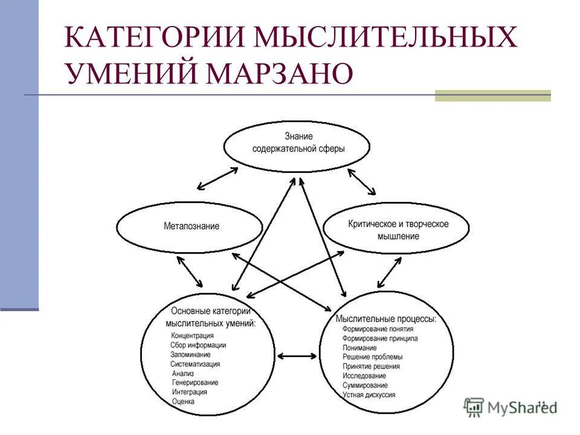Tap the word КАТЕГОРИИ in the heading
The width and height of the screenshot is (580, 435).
tap(155, 37)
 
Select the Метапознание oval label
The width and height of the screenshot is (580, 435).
tap(192, 227)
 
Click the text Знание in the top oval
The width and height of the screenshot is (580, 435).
tap(297, 137)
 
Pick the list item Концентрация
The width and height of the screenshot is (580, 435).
tap(193, 336)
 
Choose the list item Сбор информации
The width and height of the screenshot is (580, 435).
tap(198, 346)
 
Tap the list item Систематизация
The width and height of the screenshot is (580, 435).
tap(195, 364)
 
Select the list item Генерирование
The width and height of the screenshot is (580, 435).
tap(195, 382)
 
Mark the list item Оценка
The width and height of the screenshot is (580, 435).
tap(183, 401)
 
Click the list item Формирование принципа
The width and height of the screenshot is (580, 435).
tap(380, 339)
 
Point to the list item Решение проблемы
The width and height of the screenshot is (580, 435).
tap(372, 357)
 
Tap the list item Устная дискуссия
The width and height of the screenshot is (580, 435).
tap(369, 395)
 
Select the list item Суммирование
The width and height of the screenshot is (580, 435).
tap(365, 385)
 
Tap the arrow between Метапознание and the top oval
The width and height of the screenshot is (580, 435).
tap(217, 178)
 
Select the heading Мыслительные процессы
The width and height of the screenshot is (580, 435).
tap(386, 318)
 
